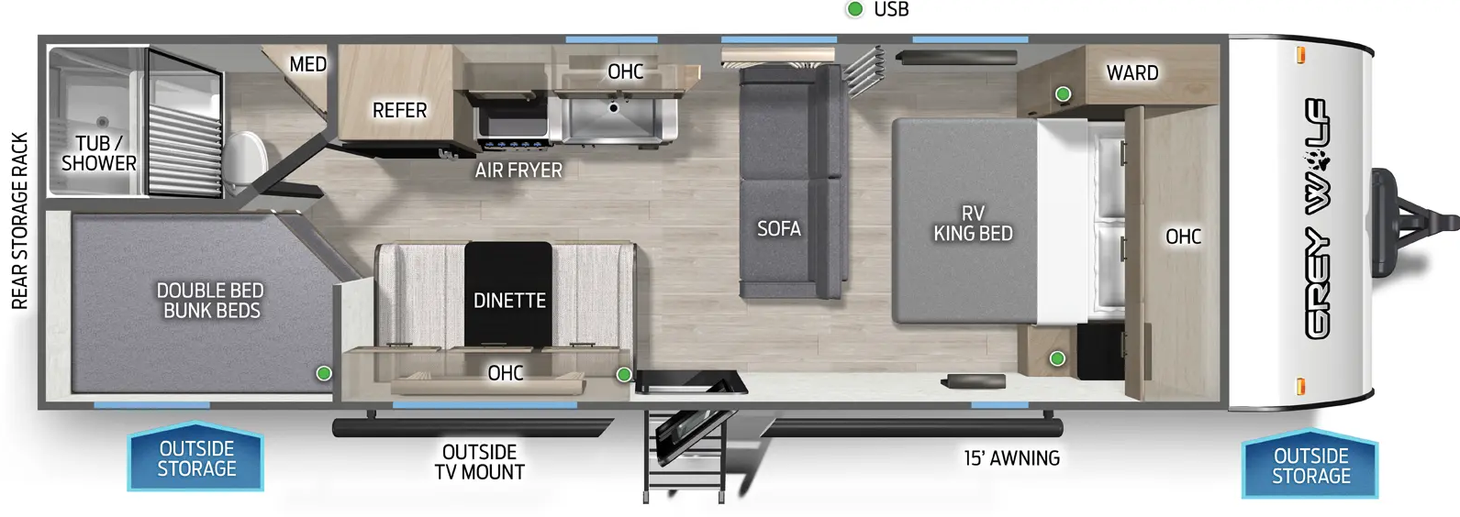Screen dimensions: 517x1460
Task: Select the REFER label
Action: tap(399, 111)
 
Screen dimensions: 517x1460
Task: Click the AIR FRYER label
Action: tap(518, 170)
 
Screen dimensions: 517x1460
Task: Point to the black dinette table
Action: tap(509, 293)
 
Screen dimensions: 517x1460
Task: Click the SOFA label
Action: tap(778, 229)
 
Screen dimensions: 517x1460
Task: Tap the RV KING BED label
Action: tap(973, 224)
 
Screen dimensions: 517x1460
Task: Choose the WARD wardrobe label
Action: tap(1131, 73)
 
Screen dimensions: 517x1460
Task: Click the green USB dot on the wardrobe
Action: tap(1063, 93)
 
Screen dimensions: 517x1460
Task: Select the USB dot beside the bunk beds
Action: tap(324, 373)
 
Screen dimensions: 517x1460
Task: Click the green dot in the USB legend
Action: tap(854, 9)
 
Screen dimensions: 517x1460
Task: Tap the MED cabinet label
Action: tap(307, 64)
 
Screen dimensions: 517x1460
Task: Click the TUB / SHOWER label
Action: tap(98, 153)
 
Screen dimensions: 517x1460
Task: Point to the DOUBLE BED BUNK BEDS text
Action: tap(210, 301)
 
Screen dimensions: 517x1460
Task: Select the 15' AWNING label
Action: tap(1011, 458)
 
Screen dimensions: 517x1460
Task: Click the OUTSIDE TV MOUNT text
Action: tap(479, 462)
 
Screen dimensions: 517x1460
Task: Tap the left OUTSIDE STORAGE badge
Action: tap(196, 458)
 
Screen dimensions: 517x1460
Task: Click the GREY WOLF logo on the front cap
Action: tap(1318, 218)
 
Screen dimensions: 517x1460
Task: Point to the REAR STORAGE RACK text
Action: tap(19, 220)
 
